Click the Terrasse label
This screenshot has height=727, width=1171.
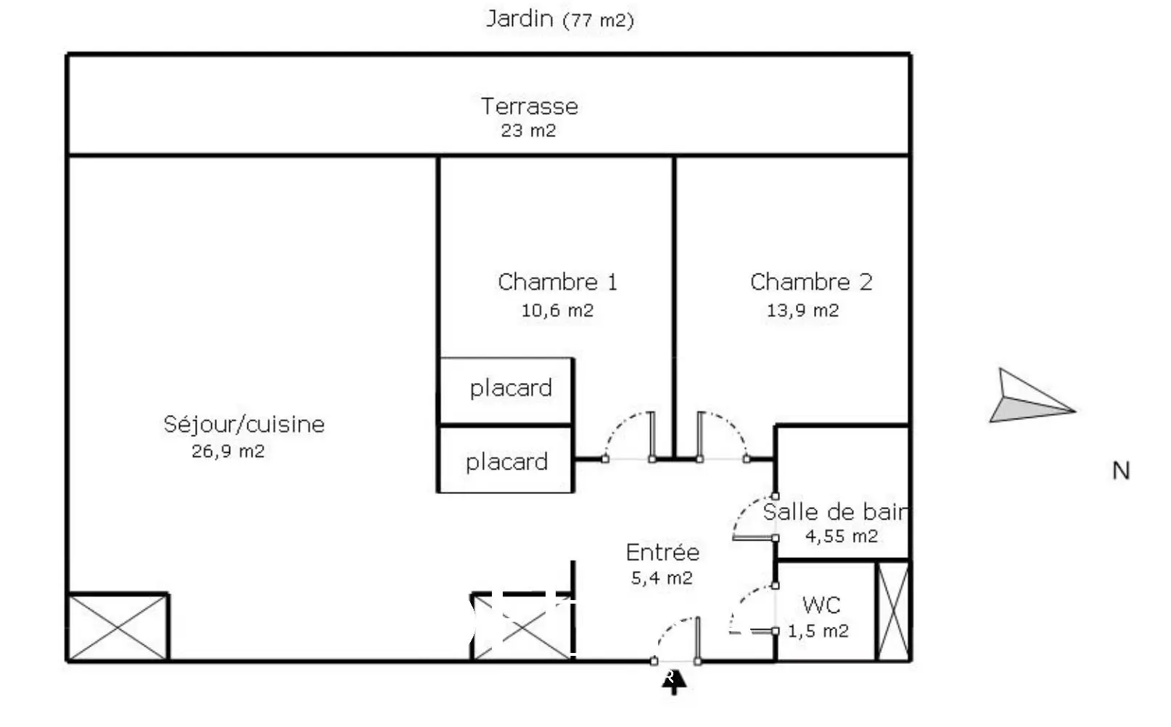click(x=530, y=107)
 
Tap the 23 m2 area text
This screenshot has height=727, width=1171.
click(x=528, y=131)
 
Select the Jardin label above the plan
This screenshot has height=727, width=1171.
click(x=519, y=18)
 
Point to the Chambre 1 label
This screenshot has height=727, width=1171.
click(x=557, y=282)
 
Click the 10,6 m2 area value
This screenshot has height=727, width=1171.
click(x=557, y=311)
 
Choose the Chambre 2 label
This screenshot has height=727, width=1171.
click(x=811, y=282)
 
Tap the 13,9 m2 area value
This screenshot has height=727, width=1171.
click(x=802, y=311)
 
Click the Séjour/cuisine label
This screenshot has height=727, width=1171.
click(x=244, y=424)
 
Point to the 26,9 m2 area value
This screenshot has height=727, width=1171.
click(x=228, y=451)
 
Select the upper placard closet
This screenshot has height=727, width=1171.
click(x=507, y=390)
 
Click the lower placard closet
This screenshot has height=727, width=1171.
click(x=506, y=461)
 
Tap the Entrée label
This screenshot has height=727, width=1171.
click(x=662, y=553)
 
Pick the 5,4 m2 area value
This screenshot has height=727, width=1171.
click(x=662, y=578)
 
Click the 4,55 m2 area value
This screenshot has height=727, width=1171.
click(x=842, y=536)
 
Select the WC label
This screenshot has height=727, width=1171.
click(x=821, y=605)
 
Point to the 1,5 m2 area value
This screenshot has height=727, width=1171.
click(x=818, y=631)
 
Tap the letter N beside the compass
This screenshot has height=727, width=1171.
click(x=1121, y=471)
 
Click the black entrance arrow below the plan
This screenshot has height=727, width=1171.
click(x=674, y=682)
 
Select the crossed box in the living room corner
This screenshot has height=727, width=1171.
click(x=118, y=628)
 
